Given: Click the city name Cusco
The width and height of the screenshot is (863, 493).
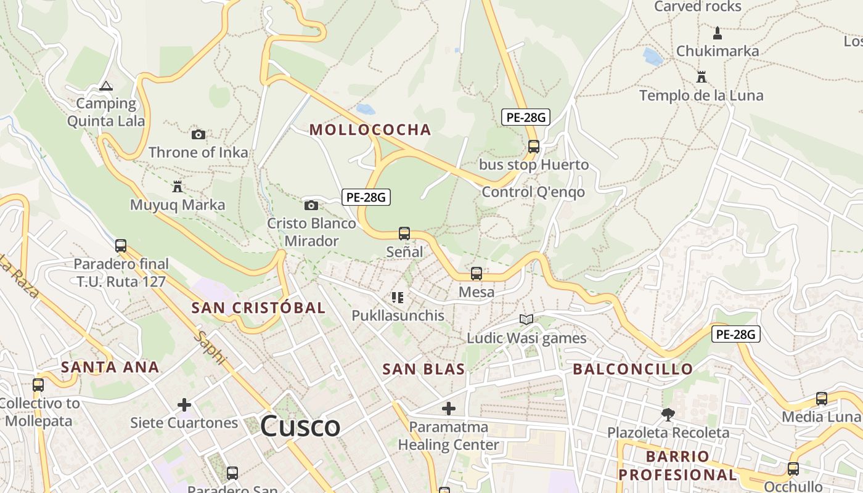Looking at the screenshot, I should (x=300, y=426).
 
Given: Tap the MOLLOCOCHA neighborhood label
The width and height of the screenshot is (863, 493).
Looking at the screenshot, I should (x=370, y=129).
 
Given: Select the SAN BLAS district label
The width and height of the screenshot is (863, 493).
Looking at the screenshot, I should (x=423, y=369).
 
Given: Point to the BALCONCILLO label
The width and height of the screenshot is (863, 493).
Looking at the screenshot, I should (x=633, y=369).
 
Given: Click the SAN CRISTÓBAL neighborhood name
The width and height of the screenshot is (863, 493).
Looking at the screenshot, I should (x=258, y=308).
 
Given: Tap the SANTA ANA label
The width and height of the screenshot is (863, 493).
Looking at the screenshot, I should (x=110, y=367).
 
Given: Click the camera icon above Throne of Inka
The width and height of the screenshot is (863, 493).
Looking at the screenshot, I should (x=198, y=134).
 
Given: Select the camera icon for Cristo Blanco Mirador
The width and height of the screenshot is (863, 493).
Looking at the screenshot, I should (x=311, y=205).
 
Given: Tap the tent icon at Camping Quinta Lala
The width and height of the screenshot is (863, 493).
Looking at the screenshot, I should (x=106, y=86).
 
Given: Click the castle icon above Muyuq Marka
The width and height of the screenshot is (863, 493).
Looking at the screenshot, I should (x=178, y=186).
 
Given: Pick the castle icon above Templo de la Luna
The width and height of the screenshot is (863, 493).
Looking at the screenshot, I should (x=701, y=77).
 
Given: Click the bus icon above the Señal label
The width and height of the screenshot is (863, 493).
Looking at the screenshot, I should (x=404, y=234).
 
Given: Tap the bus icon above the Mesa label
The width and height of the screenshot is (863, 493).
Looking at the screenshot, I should (x=476, y=274).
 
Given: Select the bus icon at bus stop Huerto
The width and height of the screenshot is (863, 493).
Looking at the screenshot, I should (x=534, y=147).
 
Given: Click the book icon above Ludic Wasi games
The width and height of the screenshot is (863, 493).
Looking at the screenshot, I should (x=526, y=319).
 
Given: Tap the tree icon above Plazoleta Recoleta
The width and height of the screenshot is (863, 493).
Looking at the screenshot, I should (x=668, y=414).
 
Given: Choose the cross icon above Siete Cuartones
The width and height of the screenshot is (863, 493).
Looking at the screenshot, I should (x=184, y=405).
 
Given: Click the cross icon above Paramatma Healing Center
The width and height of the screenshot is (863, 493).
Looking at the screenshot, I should (x=449, y=408).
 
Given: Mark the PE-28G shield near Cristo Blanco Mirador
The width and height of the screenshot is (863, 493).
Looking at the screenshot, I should (x=366, y=197).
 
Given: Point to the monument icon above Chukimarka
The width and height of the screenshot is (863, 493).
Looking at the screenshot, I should (x=717, y=32).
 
